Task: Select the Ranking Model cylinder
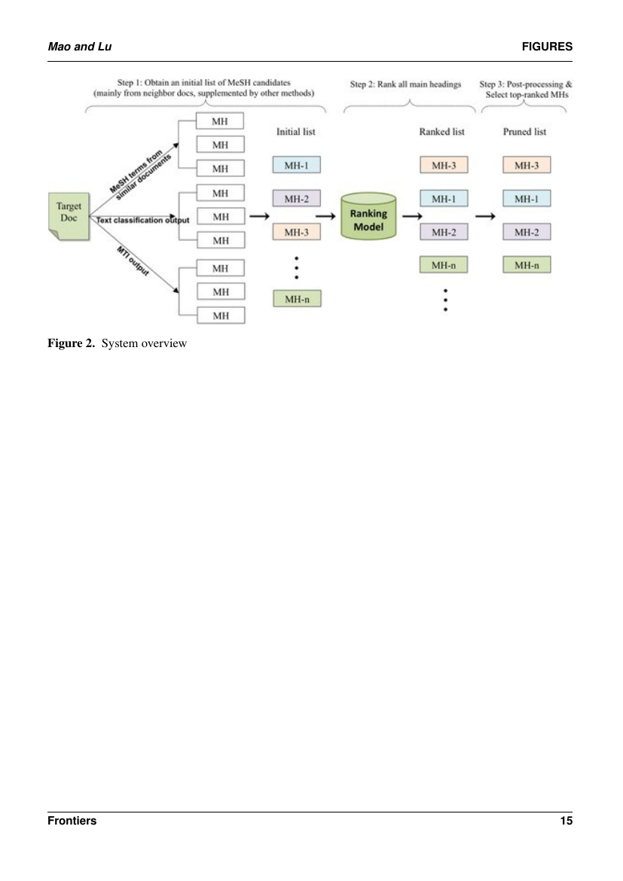368,218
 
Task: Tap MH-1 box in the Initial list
297,165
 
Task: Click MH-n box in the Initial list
297,298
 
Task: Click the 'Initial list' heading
296,132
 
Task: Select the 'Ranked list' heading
441,132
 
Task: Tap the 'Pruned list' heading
525,132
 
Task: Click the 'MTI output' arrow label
133,261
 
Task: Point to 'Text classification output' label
142,219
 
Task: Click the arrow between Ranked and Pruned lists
486,216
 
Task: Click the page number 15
566,821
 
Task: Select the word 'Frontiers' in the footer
72,821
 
